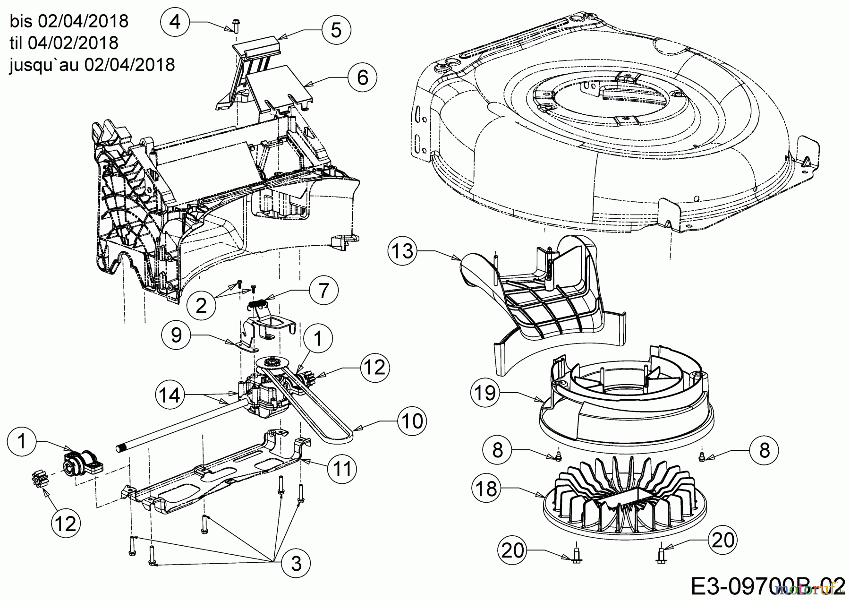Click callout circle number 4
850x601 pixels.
[175, 22]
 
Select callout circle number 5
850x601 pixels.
[336, 30]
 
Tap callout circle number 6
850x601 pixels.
[362, 77]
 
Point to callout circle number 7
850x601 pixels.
[323, 290]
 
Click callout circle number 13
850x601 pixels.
[403, 251]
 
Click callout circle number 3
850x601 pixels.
[296, 563]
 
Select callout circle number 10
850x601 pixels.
[413, 421]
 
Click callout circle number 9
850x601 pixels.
[176, 335]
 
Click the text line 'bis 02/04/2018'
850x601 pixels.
[68, 21]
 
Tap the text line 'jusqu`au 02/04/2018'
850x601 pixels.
[92, 64]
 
